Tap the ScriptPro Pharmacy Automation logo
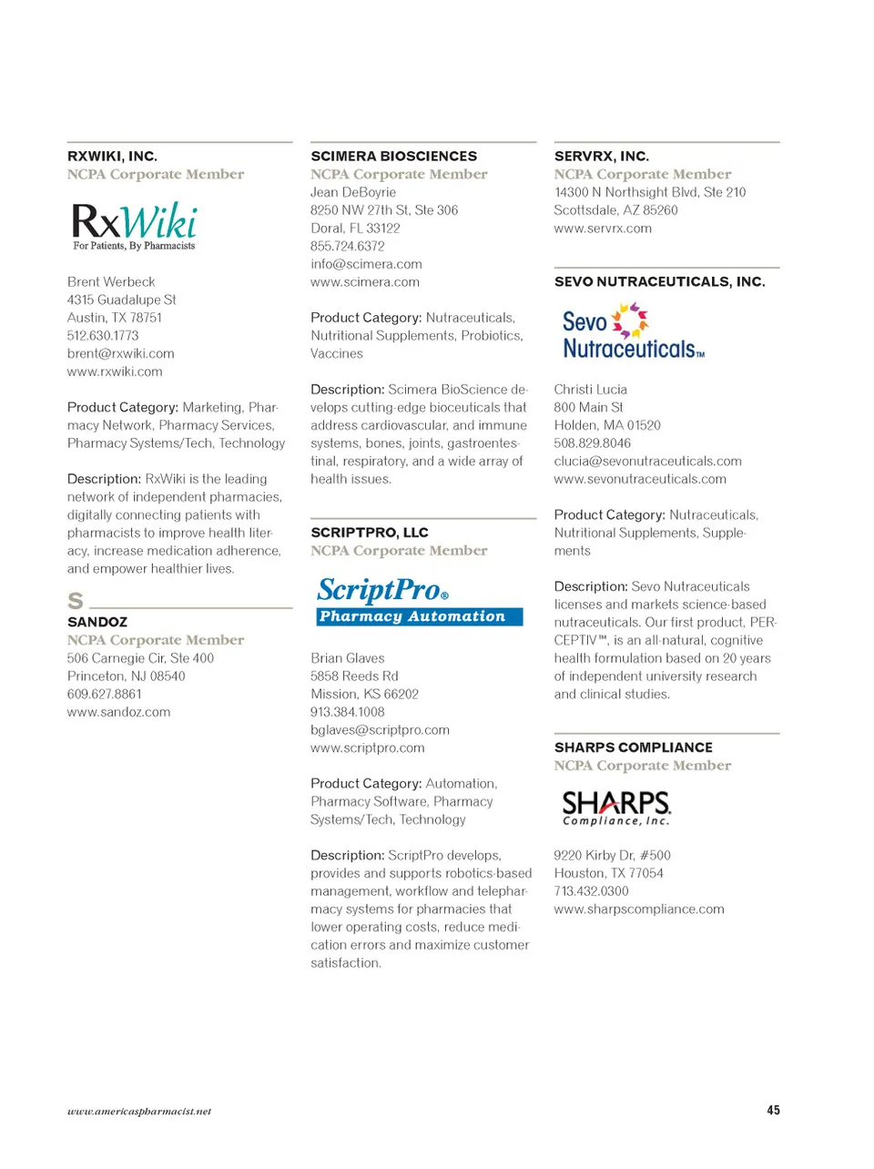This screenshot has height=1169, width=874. point(420,601)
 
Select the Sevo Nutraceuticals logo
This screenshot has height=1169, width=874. point(632,331)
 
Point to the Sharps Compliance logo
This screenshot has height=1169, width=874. point(616,808)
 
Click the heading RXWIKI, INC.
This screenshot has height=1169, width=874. point(112,157)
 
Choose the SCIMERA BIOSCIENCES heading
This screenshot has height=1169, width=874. point(393,157)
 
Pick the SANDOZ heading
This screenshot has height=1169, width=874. point(97,622)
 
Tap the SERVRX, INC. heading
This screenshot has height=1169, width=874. point(601,157)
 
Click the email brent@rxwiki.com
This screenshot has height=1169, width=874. point(120,353)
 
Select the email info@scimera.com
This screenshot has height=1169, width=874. point(366,264)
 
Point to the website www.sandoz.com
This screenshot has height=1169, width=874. point(118,712)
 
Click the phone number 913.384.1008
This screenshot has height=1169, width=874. point(347,712)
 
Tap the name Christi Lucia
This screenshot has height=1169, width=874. point(590,390)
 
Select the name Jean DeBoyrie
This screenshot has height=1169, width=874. point(353,192)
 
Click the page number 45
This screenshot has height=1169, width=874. point(773,1110)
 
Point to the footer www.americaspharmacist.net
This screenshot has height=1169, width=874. point(138,1111)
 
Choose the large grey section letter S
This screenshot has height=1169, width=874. point(76,601)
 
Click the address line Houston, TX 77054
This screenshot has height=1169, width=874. point(608,873)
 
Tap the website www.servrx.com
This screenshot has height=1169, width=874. point(603,229)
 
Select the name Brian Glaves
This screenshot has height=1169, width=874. point(347,658)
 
